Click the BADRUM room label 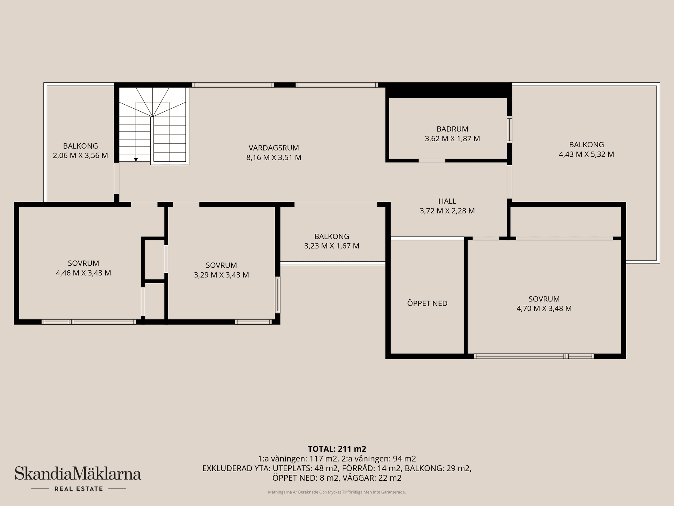coord(452,129)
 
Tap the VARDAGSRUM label coord(274,148)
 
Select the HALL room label coord(447,201)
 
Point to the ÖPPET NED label coord(427,303)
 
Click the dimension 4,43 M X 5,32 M coord(586,154)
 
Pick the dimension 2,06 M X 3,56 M coord(80,156)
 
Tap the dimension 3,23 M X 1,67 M coord(332,246)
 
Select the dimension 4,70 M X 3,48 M coord(544,309)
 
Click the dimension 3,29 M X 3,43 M coord(221,275)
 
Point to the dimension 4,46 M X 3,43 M coord(84,273)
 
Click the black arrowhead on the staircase coord(136,160)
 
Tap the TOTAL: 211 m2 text coord(337,449)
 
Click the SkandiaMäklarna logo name coord(78,473)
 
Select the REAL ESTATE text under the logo coord(79,489)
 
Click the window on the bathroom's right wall coord(509,129)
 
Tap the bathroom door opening coord(432,161)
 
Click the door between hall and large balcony coord(509,182)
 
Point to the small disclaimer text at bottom coord(337,492)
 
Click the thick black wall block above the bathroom coord(449,90)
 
